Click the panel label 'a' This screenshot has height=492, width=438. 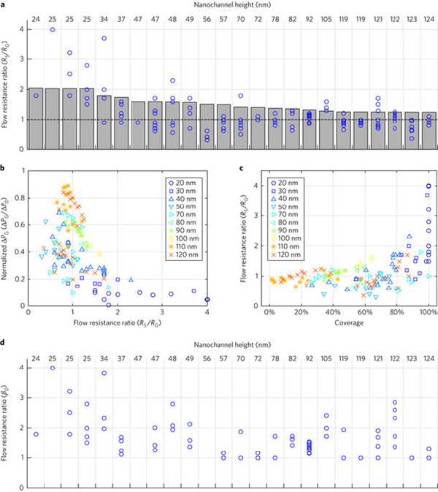pos(4,5)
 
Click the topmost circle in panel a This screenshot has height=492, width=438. pos(53,29)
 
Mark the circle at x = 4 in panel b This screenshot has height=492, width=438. pos(207,299)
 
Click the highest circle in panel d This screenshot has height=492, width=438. pos(53,367)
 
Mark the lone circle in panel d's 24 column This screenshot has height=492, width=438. pos(35,434)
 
